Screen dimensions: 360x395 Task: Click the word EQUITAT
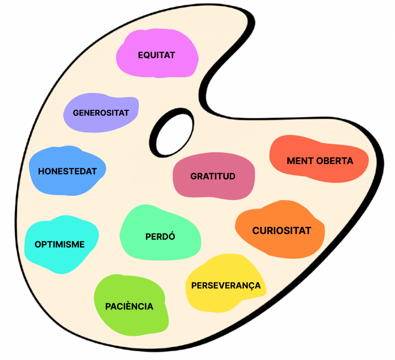(156, 55)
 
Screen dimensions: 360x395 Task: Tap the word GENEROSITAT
(101, 113)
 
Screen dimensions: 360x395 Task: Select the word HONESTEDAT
(67, 171)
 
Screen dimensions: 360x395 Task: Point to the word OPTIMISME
(59, 244)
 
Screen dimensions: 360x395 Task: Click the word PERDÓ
(160, 237)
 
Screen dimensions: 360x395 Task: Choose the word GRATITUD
(213, 176)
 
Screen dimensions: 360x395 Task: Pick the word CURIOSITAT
(282, 231)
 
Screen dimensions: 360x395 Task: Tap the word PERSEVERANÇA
(226, 286)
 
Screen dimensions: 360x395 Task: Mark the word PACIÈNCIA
(129, 306)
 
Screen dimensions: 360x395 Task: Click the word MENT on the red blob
(299, 161)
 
